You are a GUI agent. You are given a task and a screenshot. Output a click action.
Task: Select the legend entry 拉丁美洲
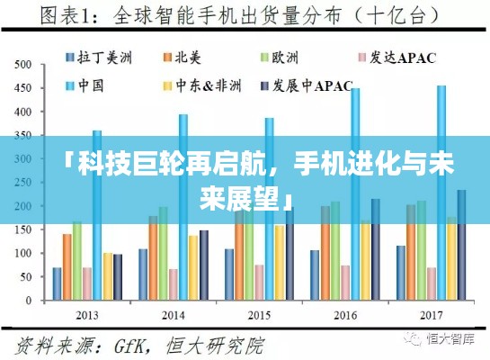point(99,58)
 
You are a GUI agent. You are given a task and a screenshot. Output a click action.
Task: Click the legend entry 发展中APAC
point(314,86)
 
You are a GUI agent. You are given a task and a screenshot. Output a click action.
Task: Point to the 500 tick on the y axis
point(25,65)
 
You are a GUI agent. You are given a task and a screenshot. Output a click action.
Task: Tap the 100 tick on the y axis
point(25,254)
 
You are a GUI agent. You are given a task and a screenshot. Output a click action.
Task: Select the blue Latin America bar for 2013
point(58,283)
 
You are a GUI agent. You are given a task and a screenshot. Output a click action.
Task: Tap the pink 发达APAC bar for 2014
point(174,284)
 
